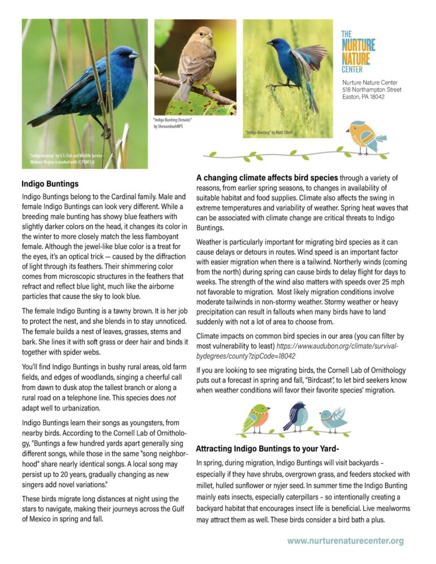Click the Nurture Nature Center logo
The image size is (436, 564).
(358, 51)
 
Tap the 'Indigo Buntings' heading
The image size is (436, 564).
(50, 184)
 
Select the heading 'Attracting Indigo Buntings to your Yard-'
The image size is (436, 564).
(267, 449)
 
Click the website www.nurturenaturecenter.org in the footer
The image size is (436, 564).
(346, 541)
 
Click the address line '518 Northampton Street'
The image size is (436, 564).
(372, 90)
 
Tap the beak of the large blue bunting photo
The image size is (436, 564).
(134, 55)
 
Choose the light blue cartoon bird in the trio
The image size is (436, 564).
(332, 418)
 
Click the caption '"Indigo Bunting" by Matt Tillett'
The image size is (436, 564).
(269, 132)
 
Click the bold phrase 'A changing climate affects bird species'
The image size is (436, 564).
(267, 177)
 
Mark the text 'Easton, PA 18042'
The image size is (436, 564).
(363, 97)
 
